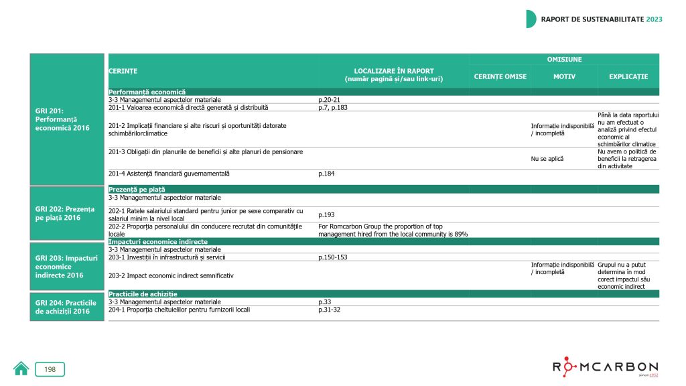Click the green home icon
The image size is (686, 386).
point(21,369)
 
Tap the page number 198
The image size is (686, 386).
point(50,369)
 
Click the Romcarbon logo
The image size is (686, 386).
point(605,368)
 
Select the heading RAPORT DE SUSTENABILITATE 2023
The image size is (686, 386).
point(601,19)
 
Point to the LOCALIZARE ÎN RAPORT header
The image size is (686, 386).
point(393,75)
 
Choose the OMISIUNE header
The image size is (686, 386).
point(564,60)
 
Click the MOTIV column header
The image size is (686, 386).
point(564,76)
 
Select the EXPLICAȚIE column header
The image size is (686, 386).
point(628,76)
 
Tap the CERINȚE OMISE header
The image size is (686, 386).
point(500,76)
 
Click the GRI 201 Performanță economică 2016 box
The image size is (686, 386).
point(66,119)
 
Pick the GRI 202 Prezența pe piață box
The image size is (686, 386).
point(66,212)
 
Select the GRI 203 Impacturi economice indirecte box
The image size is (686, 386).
point(66,266)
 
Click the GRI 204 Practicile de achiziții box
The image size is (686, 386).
point(66,307)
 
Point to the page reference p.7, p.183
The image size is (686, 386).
point(333,107)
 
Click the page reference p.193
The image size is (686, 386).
point(326,214)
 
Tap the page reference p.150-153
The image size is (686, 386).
point(334,257)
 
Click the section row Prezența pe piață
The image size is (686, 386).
point(137,190)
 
